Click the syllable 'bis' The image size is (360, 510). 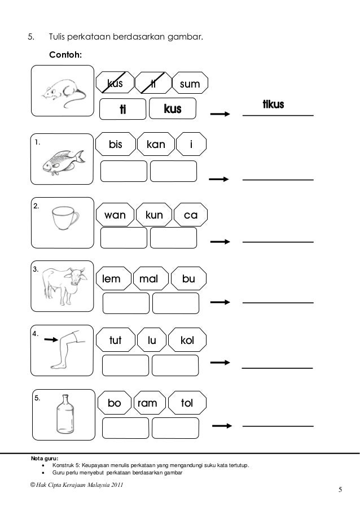point(116,145)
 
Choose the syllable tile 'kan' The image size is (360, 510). point(156,145)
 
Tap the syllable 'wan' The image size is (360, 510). point(116,215)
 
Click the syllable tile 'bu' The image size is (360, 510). point(188,278)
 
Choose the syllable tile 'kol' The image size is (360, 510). point(187,341)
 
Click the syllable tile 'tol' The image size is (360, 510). point(187,403)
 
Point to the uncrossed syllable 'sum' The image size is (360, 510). point(189,85)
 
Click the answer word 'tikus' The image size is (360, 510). point(273,106)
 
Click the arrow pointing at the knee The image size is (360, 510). point(51,339)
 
